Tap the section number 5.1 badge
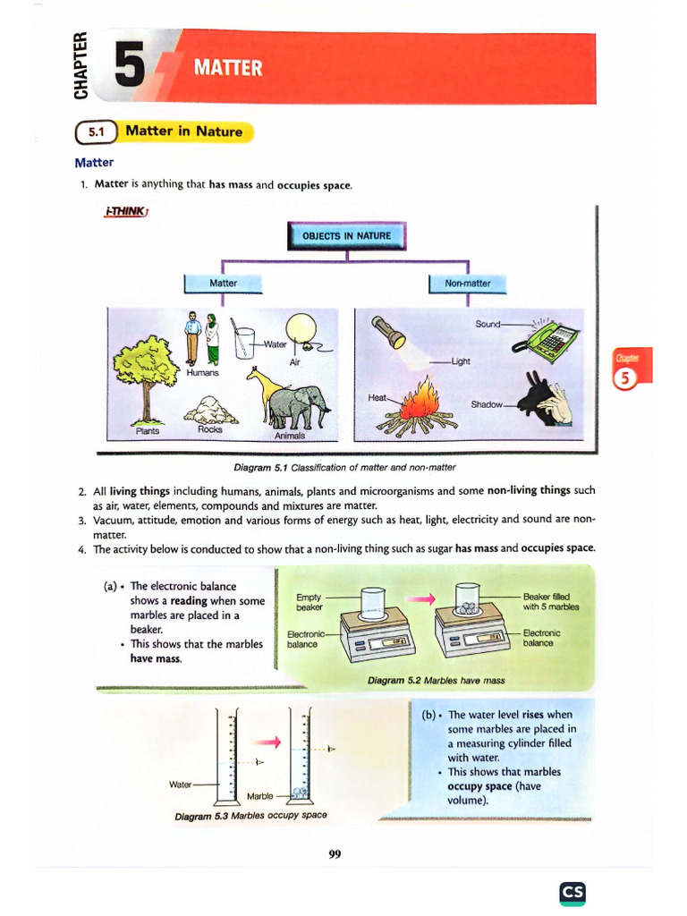pos(96,131)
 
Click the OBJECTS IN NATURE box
pos(346,236)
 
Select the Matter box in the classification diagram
pos(223,284)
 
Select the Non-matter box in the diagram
pos(468,284)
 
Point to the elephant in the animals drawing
pos(298,407)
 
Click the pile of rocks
pos(210,411)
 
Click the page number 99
pos(335,854)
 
